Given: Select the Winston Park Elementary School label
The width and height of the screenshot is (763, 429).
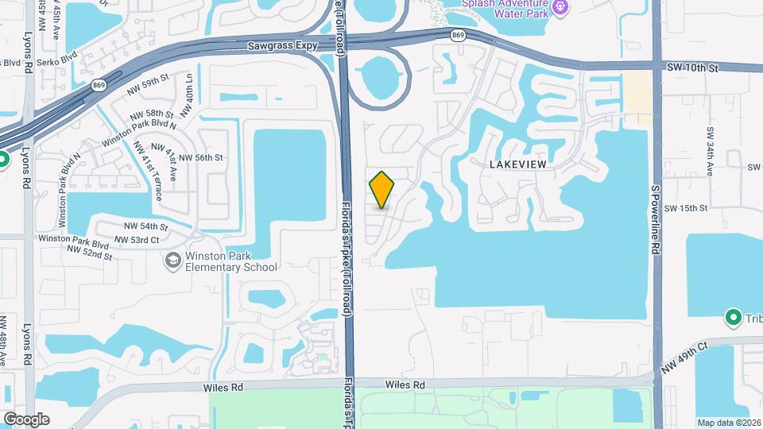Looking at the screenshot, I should (220, 261).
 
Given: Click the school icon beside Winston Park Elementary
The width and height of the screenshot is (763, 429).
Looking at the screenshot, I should (172, 261).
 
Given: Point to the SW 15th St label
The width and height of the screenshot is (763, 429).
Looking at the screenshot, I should (685, 208).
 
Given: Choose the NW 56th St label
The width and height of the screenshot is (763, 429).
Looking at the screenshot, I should (198, 158).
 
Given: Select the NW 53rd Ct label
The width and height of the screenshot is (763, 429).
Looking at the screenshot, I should (141, 240).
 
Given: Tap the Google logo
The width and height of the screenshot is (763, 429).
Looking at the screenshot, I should (26, 419).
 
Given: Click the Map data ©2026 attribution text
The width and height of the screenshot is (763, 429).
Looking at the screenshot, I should (729, 423).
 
